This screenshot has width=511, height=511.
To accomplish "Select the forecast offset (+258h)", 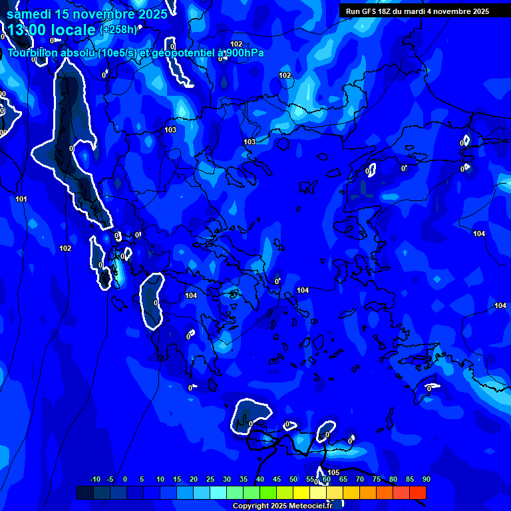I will tap(118, 29).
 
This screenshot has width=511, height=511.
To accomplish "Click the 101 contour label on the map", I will tap(21, 199).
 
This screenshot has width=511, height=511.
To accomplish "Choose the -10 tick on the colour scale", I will tap(94, 479).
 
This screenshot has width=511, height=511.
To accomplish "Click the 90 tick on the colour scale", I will tap(426, 479).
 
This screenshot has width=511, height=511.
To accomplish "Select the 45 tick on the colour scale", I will tap(277, 479).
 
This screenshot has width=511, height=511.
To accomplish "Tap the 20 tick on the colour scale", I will tap(194, 479).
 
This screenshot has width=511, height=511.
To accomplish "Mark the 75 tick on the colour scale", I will tap(377, 479).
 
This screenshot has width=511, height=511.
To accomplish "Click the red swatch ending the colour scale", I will tap(418, 492).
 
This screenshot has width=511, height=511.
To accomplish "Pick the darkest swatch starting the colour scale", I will tap(85, 492).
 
